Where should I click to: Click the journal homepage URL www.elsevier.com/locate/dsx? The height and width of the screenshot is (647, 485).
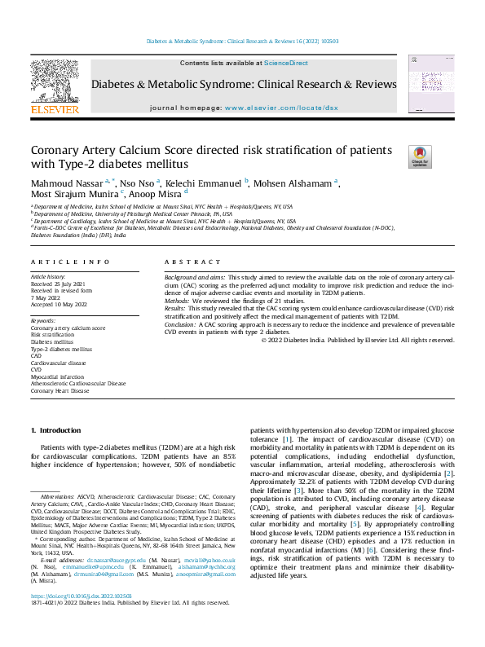pos(281,108)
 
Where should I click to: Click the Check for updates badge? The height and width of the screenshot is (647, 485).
pos(420,157)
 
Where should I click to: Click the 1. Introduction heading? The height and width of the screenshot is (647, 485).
pos(56,429)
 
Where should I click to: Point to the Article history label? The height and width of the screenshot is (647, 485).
pos(49,277)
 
